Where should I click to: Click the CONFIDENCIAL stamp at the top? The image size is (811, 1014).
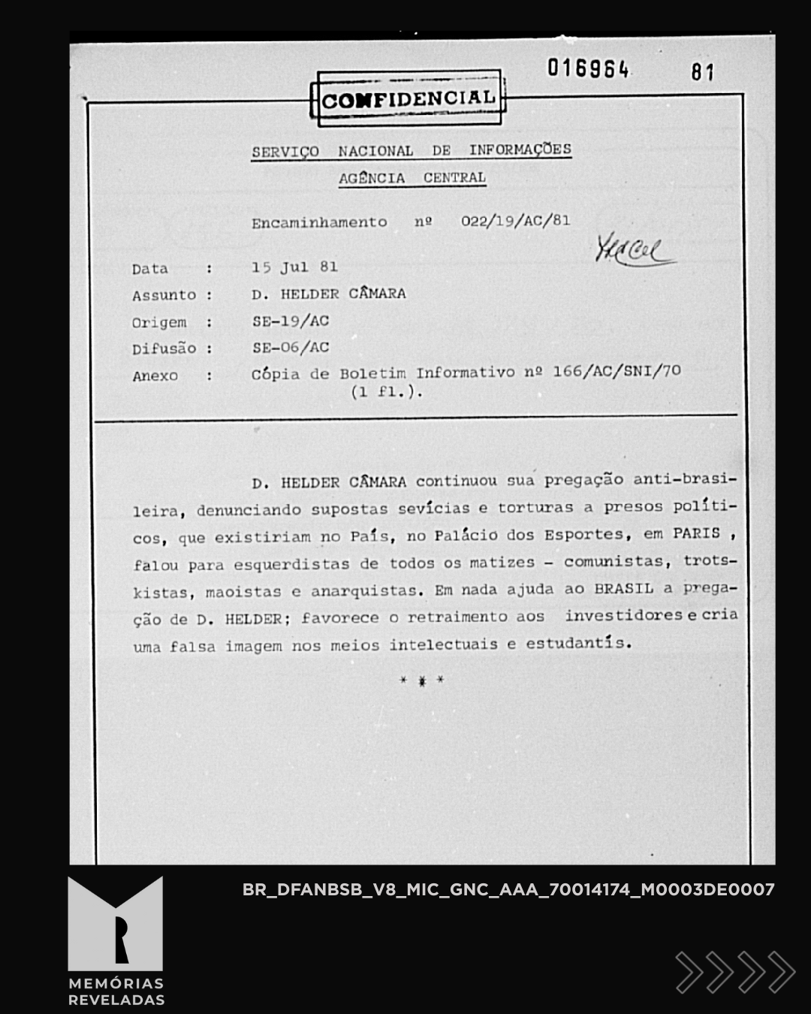click(409, 99)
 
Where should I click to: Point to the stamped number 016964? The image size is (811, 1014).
click(588, 69)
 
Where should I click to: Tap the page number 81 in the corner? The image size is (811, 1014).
click(702, 72)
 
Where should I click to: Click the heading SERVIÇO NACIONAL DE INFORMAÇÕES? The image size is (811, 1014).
click(412, 150)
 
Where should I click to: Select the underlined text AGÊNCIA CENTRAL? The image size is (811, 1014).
click(412, 178)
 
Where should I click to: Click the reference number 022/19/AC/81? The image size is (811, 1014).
click(515, 221)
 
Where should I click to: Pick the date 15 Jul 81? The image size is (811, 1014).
click(294, 267)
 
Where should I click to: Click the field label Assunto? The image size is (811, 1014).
click(164, 295)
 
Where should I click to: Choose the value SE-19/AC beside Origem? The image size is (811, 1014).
click(291, 321)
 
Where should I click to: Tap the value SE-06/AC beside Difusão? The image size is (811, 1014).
click(291, 348)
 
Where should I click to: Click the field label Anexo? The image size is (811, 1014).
click(155, 376)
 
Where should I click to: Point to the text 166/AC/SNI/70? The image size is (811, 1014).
click(617, 371)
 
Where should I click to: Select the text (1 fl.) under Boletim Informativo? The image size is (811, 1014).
click(387, 392)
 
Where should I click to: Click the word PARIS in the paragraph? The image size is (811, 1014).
click(696, 534)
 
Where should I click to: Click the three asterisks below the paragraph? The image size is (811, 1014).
click(422, 681)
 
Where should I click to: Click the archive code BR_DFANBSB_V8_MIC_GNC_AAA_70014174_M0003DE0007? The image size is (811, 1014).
click(508, 890)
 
